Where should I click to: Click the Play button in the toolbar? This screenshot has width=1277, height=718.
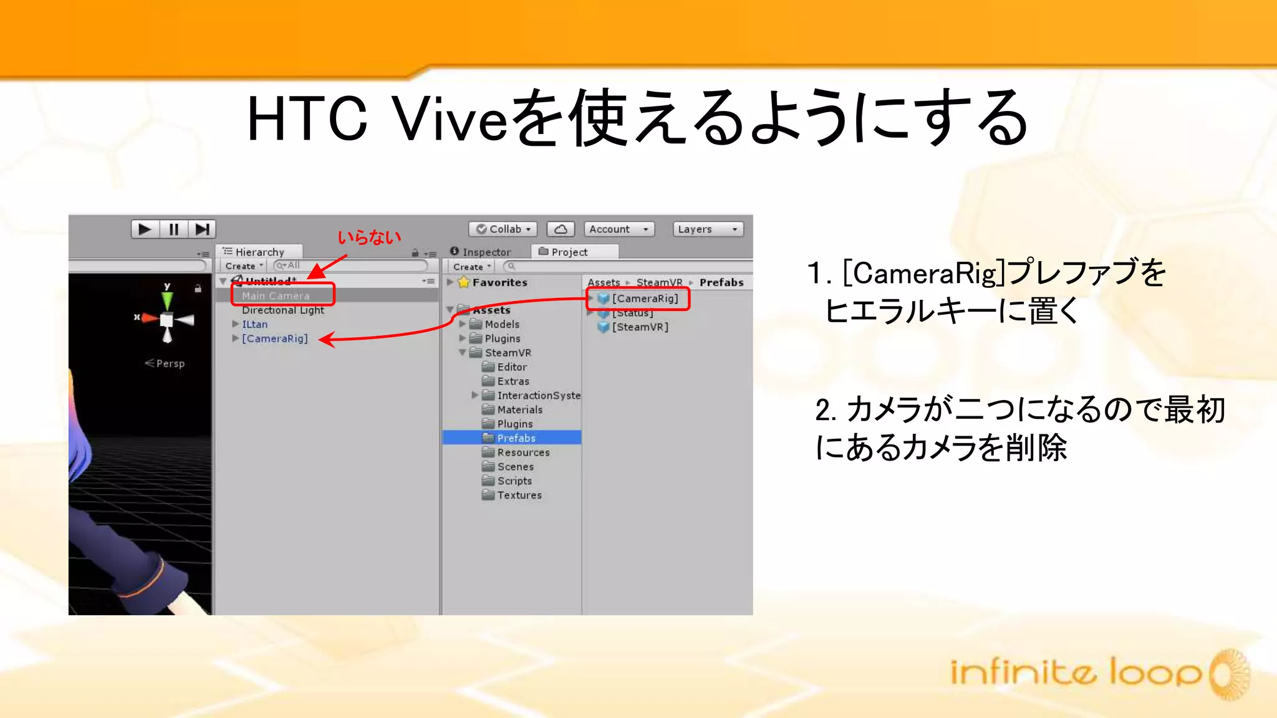coord(145,229)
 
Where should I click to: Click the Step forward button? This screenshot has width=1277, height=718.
coord(202,229)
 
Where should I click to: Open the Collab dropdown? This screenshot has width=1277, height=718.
coord(503,229)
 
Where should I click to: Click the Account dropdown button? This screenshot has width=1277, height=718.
coord(619,229)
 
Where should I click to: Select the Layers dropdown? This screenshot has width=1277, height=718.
coord(708,229)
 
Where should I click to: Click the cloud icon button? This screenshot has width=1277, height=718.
coord(561,229)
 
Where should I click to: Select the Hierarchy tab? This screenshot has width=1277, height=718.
coord(259,252)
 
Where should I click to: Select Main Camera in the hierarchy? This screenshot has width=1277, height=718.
coord(276,295)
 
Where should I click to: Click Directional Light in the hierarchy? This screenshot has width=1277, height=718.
coord(282,310)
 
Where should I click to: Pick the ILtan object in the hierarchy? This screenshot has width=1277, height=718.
coord(254,324)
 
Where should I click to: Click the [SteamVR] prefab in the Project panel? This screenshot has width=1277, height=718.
coord(639,327)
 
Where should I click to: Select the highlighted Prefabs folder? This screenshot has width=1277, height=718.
coord(516,438)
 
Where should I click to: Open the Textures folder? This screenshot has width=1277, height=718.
coord(519,495)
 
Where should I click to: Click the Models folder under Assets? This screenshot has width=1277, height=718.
coord(501,324)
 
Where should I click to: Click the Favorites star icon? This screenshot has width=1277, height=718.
coord(463,282)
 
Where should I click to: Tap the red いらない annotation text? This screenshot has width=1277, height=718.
coord(369,237)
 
